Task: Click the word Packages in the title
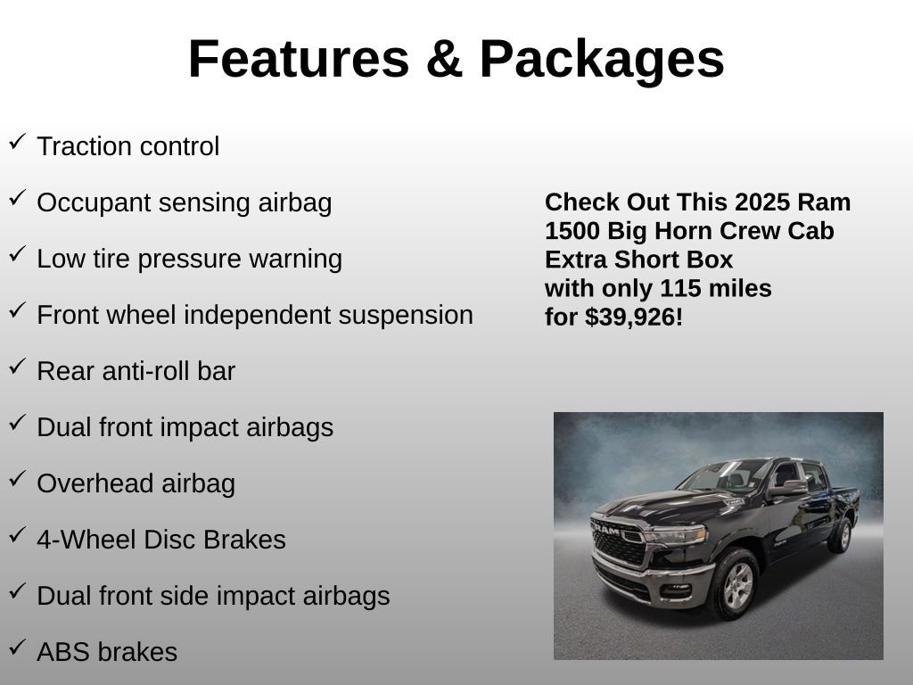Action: (602, 59)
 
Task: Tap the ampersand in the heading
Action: (443, 59)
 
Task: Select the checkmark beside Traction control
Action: (17, 142)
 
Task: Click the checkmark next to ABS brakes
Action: (17, 648)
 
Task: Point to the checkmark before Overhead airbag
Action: (17, 479)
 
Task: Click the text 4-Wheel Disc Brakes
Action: (161, 540)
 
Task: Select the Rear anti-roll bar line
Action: (136, 371)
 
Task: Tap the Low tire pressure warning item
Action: (189, 259)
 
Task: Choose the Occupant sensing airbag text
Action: (184, 202)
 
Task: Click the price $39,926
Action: (631, 317)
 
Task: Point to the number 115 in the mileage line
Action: (680, 288)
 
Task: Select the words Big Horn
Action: (660, 230)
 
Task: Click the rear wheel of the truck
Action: (840, 535)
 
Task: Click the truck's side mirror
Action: (788, 488)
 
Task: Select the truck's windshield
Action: (723, 475)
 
